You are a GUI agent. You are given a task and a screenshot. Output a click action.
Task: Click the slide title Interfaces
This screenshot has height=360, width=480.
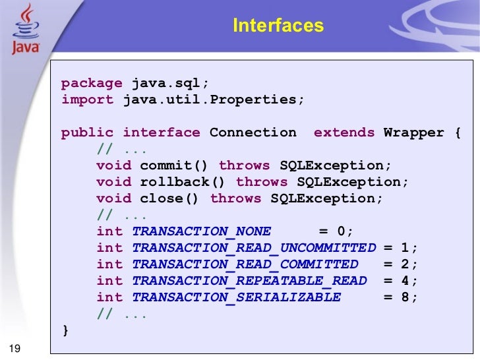coord(278,26)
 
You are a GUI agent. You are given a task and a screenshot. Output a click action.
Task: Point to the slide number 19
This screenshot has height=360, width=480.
coord(14,349)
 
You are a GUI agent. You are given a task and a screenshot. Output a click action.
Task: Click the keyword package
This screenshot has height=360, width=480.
coord(92,84)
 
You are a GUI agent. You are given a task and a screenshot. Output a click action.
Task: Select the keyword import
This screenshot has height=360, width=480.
coord(87,100)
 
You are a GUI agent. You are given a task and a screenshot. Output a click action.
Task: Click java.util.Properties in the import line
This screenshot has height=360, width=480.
coord(213,100)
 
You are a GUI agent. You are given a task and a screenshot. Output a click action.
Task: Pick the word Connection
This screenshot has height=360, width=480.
coord(253,133)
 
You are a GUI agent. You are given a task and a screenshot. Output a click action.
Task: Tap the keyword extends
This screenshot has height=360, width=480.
coord(344,133)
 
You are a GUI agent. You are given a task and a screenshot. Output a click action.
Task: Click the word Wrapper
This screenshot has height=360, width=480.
coord(414,133)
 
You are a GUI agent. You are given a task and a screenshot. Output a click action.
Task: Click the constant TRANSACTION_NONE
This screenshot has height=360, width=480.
coord(201,231)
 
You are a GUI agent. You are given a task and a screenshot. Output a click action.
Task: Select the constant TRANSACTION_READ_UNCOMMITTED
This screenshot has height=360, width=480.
coord(253,248)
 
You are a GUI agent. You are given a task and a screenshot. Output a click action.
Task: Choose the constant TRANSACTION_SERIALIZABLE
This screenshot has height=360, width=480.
coord(236,297)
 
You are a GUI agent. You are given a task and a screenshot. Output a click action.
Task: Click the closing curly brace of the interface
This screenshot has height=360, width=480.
coord(65,330)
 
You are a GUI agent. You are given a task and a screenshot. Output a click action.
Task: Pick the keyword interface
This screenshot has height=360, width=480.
coord(161,133)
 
